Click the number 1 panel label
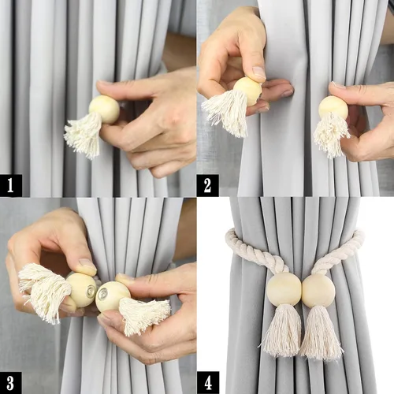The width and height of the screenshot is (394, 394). [x=11, y=185]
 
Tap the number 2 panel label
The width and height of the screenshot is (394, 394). [x=208, y=185]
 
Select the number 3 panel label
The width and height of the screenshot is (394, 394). [x=10, y=383]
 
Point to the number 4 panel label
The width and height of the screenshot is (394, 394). [x=208, y=383]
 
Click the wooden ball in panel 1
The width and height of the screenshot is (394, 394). [x=104, y=110]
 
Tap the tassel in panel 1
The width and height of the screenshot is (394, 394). [x=84, y=135]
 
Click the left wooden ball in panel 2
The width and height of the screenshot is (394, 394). [x=247, y=91]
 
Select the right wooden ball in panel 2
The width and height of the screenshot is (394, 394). [x=333, y=108]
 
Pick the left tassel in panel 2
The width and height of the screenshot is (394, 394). [x=226, y=112]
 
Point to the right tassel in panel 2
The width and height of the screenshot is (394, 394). [x=332, y=135]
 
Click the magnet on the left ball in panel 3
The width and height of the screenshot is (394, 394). [x=91, y=288]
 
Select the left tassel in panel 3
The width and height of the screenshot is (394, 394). [x=43, y=292]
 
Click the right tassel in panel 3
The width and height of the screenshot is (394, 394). [x=144, y=315]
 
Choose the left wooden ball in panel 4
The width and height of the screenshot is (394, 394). [x=284, y=288]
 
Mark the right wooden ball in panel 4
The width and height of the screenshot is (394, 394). [x=319, y=291]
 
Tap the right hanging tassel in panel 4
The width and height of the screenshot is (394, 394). [x=321, y=333]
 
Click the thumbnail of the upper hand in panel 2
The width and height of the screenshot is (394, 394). [x=259, y=72]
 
